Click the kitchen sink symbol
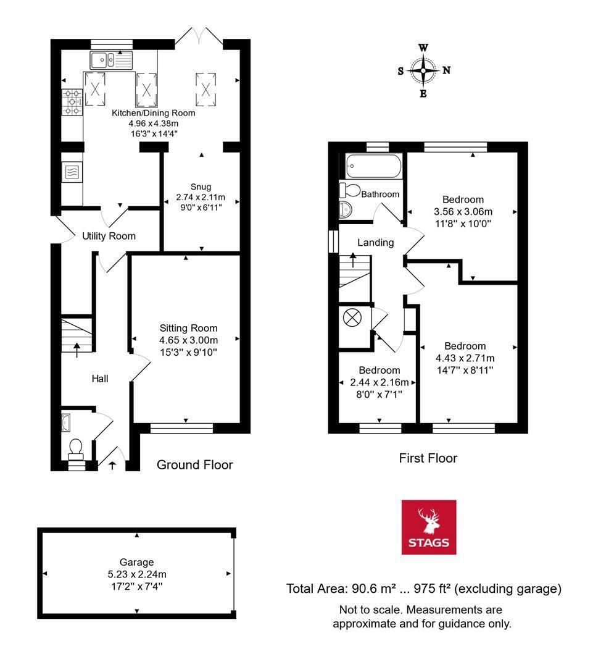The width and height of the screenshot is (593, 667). click(111, 60)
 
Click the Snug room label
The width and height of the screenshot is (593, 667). click(201, 187)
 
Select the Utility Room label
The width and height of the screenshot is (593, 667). click(109, 236)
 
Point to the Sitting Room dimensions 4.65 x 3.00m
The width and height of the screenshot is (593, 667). click(188, 340)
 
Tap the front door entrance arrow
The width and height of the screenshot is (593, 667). click(112, 464)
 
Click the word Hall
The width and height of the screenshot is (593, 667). click(100, 378)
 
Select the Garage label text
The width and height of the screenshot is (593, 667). click(136, 563)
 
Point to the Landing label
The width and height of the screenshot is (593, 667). click(376, 243)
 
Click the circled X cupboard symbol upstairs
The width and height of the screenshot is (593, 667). click(352, 318)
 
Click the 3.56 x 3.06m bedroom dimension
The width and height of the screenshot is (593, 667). click(463, 211)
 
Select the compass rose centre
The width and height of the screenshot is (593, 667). click(423, 70)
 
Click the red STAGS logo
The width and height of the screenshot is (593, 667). click(429, 527)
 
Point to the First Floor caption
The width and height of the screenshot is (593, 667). click(428, 458)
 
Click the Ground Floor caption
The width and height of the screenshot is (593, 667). click(194, 464)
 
